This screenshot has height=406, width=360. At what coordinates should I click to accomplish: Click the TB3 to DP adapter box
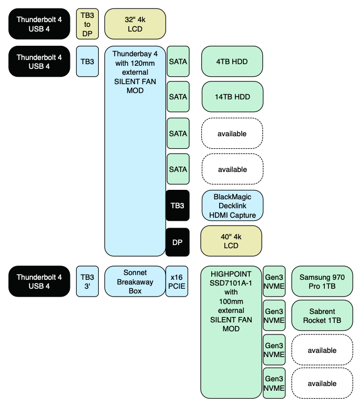click(87, 24)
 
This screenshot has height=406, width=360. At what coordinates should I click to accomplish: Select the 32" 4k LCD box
click(135, 24)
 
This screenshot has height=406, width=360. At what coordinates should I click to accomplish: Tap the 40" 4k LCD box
click(232, 241)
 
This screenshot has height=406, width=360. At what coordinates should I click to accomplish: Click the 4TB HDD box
click(232, 61)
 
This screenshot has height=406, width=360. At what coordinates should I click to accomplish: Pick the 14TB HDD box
click(232, 97)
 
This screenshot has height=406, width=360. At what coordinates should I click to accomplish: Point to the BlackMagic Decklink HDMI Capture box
click(232, 205)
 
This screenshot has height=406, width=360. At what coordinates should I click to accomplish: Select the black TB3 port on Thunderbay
click(178, 205)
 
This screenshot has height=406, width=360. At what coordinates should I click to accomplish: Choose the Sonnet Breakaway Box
click(135, 281)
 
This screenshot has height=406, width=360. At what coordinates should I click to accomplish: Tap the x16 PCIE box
click(177, 281)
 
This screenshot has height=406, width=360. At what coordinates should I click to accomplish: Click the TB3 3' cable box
click(87, 281)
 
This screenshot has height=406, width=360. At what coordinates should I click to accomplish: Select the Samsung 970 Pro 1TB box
click(322, 281)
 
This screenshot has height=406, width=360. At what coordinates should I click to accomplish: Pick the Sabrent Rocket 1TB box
click(322, 315)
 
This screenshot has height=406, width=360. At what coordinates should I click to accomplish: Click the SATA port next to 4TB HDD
click(178, 61)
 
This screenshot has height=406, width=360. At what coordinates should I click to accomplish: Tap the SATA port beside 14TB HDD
click(178, 97)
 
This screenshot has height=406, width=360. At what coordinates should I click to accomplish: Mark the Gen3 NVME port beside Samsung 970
click(274, 281)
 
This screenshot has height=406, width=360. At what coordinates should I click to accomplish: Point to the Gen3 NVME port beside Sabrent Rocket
click(274, 315)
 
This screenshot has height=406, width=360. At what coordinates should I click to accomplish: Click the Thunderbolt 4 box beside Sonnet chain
click(39, 281)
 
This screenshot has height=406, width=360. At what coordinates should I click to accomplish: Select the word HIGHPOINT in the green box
click(231, 275)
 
